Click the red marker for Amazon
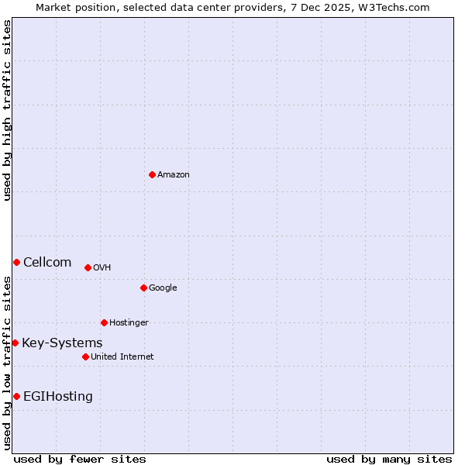[152, 174]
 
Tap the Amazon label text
[174, 175]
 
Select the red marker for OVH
[88, 267]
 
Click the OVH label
[102, 268]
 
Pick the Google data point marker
[143, 288]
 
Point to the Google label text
[163, 288]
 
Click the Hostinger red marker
[104, 322]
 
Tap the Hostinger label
[129, 323]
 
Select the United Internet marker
[85, 356]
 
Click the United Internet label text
[122, 357]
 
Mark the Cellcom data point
[16, 262]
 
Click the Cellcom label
[47, 263]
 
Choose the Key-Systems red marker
[15, 343]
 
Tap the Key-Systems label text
[62, 343]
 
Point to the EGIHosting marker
[16, 396]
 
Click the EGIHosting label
[58, 397]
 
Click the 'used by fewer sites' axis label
[80, 459]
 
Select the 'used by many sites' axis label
[389, 459]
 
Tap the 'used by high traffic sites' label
[7, 110]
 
